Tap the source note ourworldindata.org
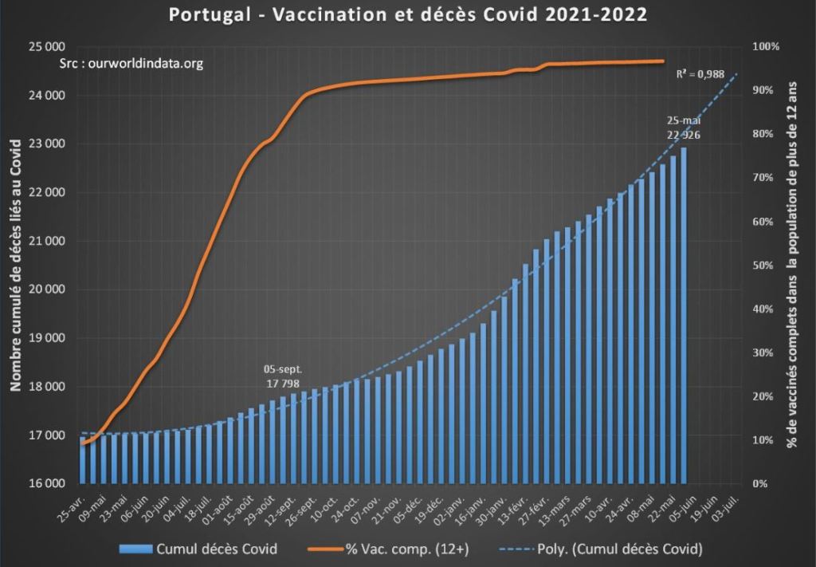(132, 64)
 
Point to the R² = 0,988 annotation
(700, 74)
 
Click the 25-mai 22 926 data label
(684, 128)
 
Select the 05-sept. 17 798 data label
(283, 376)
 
